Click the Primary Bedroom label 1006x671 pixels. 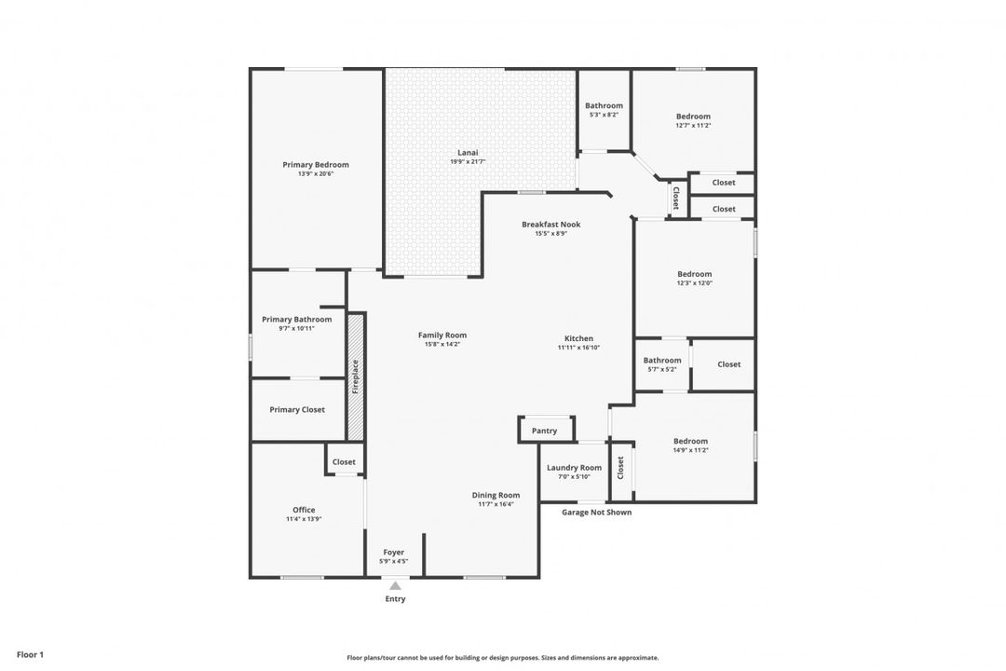coord(316,165)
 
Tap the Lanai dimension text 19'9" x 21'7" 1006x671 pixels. coord(468,162)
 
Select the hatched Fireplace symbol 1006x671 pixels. coord(355,377)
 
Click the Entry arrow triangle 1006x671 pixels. coord(396,586)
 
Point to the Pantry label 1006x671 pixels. coord(544,431)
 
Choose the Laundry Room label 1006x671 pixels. coord(574,468)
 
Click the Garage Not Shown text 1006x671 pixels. coord(597,512)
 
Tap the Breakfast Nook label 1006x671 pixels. coord(551,225)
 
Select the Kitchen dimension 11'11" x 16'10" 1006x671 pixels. coord(578,348)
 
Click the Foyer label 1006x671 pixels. coord(393,553)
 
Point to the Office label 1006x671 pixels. coord(304,510)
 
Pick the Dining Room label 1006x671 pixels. coord(496,495)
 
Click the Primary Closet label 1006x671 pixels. coord(297,409)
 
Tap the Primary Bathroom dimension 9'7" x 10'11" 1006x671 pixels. coord(296,328)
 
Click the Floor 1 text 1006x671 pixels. coord(30,654)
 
